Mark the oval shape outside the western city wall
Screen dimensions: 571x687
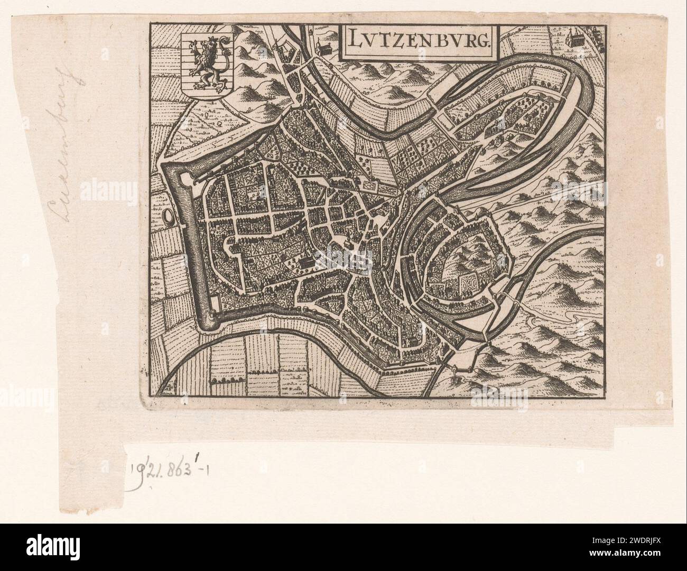click(x=168, y=216)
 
